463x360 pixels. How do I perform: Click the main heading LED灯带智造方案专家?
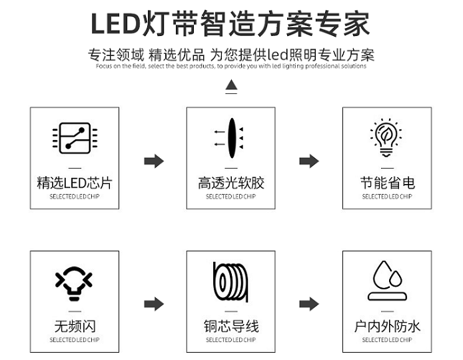[x=231, y=23]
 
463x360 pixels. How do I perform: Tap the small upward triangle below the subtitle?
[x=231, y=85]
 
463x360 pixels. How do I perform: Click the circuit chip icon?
[x=75, y=138]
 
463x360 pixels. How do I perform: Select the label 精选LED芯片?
[x=75, y=183]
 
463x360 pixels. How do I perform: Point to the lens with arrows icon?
[x=229, y=138]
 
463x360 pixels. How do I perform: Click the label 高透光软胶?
[x=231, y=183]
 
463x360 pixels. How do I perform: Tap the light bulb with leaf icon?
[x=386, y=137]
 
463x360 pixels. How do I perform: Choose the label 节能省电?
[x=388, y=183]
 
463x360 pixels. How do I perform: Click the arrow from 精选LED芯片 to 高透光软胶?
[x=154, y=161]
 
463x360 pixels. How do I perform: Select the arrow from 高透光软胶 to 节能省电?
[x=309, y=161]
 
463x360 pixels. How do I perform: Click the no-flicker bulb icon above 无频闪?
[x=74, y=283]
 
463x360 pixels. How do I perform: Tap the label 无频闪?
[x=75, y=326]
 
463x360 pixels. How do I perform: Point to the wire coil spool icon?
[x=231, y=282]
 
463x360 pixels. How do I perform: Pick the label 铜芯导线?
[x=231, y=326]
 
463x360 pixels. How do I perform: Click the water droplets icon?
[x=387, y=281]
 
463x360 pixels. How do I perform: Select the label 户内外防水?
[x=387, y=326]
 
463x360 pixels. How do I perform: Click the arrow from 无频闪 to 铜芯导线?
[x=154, y=304]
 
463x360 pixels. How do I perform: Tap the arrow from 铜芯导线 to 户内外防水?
[x=309, y=304]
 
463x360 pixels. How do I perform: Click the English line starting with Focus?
[x=231, y=66]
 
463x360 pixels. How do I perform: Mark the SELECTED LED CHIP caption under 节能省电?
[x=387, y=197]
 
